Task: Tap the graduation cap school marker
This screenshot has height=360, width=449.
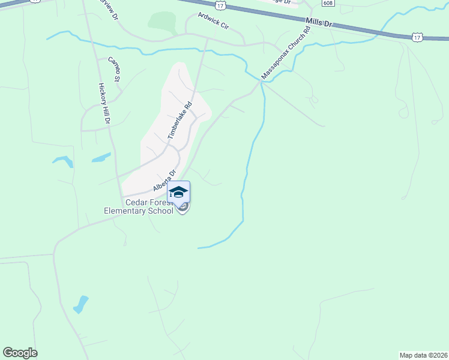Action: coord(178,193)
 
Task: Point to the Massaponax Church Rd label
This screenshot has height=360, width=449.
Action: coord(286,53)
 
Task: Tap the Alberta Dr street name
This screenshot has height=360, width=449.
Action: coord(164,180)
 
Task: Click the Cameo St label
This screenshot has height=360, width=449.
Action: coord(114,69)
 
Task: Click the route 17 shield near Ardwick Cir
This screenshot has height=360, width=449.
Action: coord(221,5)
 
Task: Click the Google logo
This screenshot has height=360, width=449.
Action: coord(20,353)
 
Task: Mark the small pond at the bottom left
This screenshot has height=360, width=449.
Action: coord(80,304)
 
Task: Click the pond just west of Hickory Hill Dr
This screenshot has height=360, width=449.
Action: coord(62,161)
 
